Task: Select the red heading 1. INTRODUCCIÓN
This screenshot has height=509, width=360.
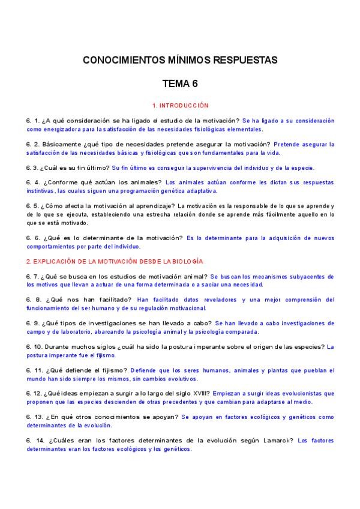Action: click(180, 105)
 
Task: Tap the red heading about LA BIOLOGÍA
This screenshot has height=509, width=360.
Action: click(115, 262)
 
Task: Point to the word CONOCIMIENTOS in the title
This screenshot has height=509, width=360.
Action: click(123, 61)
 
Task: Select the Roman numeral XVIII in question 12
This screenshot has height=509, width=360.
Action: click(199, 394)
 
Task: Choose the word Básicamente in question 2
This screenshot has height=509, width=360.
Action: click(62, 145)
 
